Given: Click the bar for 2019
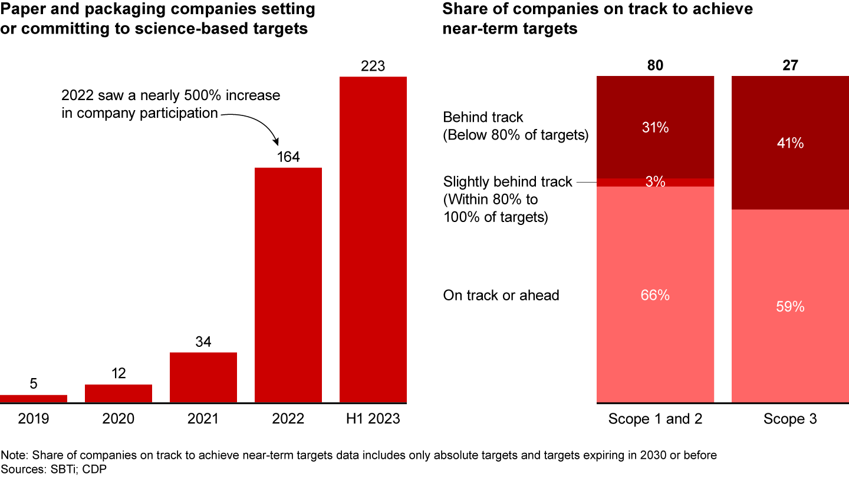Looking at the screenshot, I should tap(34, 399).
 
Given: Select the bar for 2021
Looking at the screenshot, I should tap(203, 377).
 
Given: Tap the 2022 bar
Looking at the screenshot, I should tap(288, 285).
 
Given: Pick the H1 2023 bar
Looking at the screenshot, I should tap(373, 240).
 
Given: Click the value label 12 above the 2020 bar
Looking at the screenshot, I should tap(119, 373).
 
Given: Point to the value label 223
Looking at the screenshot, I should tap(373, 66).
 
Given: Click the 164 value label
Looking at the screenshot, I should tap(288, 157).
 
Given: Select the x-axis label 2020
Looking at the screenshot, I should tap(119, 419).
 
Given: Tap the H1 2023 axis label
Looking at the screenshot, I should tap(373, 419).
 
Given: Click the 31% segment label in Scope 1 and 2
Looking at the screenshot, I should tap(655, 127).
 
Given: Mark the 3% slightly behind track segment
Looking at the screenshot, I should tap(655, 182).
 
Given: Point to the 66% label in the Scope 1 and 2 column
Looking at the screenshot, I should tap(655, 295).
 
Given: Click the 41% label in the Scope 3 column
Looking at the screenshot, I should tap(790, 143).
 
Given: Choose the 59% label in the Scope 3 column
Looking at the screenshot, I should tap(790, 307).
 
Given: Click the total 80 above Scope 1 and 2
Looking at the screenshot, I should tap(655, 65).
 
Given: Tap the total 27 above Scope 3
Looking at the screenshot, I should tap(790, 65).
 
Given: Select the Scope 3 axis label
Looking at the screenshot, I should tap(790, 419).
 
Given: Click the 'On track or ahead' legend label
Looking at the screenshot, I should tap(501, 295).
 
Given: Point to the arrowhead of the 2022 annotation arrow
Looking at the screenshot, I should tap(277, 143).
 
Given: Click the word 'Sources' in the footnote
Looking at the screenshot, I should tap(21, 468).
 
